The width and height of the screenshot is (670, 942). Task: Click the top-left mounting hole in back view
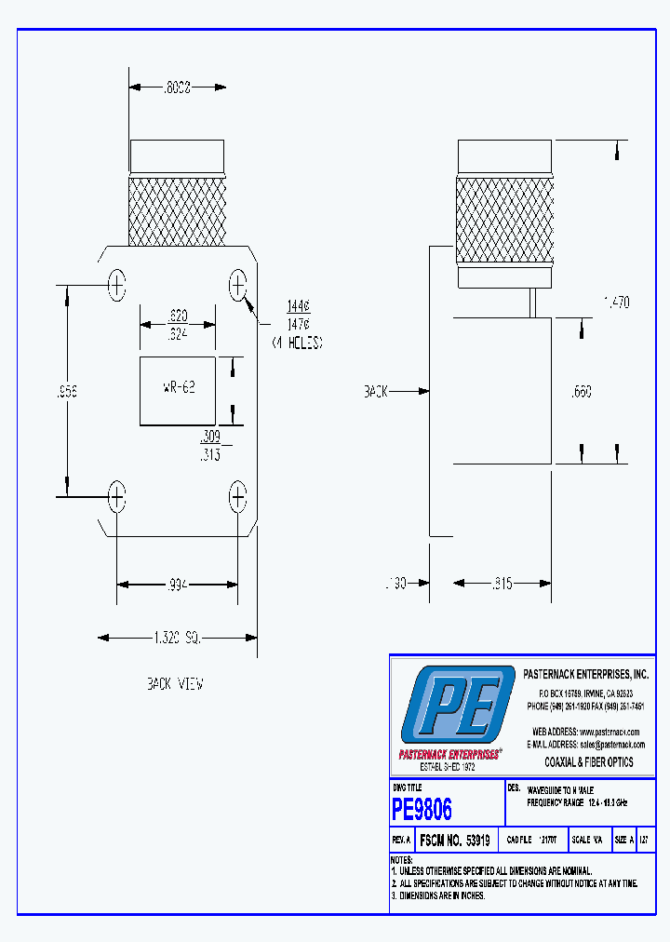point(116,285)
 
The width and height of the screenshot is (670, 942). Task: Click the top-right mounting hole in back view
point(238,285)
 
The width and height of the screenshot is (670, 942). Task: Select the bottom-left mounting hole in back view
point(116,497)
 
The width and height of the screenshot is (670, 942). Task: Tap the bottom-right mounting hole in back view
point(238,497)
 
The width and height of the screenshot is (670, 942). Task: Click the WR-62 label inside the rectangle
point(178,386)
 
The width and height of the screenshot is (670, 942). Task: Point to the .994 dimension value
point(177,585)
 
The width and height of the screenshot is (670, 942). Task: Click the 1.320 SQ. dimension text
point(178,638)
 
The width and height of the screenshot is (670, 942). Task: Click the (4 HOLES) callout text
point(297,343)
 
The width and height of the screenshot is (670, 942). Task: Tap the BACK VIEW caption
point(174,684)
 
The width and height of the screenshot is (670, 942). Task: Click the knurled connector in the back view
point(177,210)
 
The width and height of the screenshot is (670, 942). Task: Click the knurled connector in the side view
point(502,218)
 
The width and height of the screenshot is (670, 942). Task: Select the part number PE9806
point(422,810)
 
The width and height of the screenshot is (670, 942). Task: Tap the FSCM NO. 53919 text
point(453,840)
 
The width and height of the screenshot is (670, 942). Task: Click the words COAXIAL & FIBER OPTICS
point(588,761)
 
